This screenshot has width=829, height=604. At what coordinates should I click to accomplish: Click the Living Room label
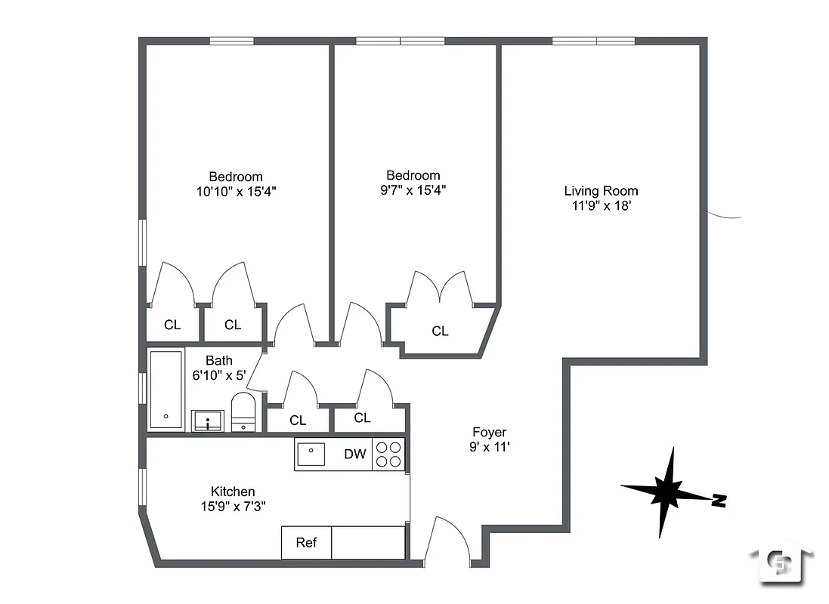point(601,191)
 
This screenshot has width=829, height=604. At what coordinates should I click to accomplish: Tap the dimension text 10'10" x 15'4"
point(236,192)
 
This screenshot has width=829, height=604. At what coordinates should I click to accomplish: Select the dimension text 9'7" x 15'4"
point(413,190)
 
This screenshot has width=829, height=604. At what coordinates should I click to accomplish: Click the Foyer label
point(489,432)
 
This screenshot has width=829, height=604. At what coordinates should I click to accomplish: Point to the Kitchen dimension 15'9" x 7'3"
point(232,506)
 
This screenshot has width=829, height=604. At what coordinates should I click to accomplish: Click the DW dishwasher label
point(354,454)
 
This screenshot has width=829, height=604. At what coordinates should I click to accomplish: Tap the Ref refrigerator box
point(306,542)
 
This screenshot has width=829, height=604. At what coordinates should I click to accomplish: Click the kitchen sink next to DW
point(311,454)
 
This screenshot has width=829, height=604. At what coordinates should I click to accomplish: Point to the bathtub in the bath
point(165,390)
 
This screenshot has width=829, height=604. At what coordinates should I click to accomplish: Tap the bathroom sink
point(207,421)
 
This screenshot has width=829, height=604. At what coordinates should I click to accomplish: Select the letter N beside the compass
point(719,500)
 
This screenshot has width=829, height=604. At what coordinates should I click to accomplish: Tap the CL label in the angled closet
point(440,331)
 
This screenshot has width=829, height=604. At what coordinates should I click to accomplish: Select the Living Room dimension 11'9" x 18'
point(601,205)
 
